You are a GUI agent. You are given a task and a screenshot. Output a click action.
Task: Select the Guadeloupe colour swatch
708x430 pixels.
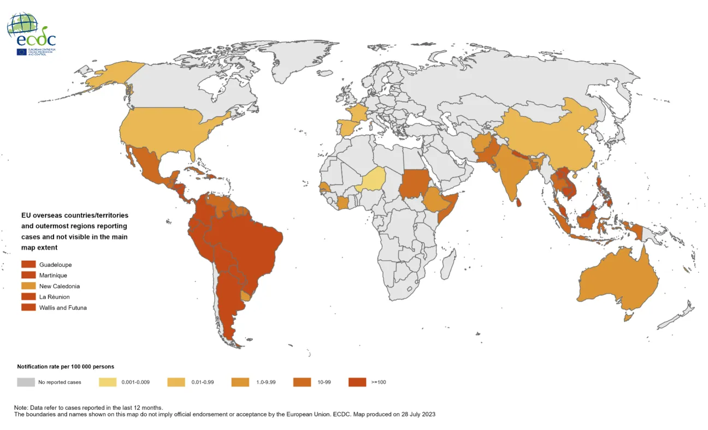[28, 265]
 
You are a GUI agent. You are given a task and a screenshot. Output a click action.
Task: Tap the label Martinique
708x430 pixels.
[53, 276]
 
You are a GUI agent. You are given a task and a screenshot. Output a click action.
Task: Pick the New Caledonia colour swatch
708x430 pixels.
[28, 286]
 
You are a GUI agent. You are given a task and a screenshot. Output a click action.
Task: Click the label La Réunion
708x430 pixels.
[55, 297]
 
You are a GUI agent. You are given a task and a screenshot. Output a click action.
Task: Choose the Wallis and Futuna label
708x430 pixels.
[63, 308]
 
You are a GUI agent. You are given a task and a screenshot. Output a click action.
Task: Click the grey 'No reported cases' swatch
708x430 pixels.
[25, 382]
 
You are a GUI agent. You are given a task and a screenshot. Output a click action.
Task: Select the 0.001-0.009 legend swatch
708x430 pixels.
[107, 382]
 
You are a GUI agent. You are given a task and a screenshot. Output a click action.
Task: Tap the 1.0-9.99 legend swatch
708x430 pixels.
[240, 382]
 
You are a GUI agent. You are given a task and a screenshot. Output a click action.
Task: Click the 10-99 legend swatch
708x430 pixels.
[302, 382]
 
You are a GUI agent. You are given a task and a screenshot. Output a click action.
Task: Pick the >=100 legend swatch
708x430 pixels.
[357, 382]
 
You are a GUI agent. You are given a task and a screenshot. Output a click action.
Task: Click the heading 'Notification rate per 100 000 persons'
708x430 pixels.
[66, 367]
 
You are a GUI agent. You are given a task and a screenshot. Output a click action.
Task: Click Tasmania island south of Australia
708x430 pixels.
[629, 316]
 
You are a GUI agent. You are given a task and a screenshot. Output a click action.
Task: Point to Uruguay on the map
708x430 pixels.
[246, 296]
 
